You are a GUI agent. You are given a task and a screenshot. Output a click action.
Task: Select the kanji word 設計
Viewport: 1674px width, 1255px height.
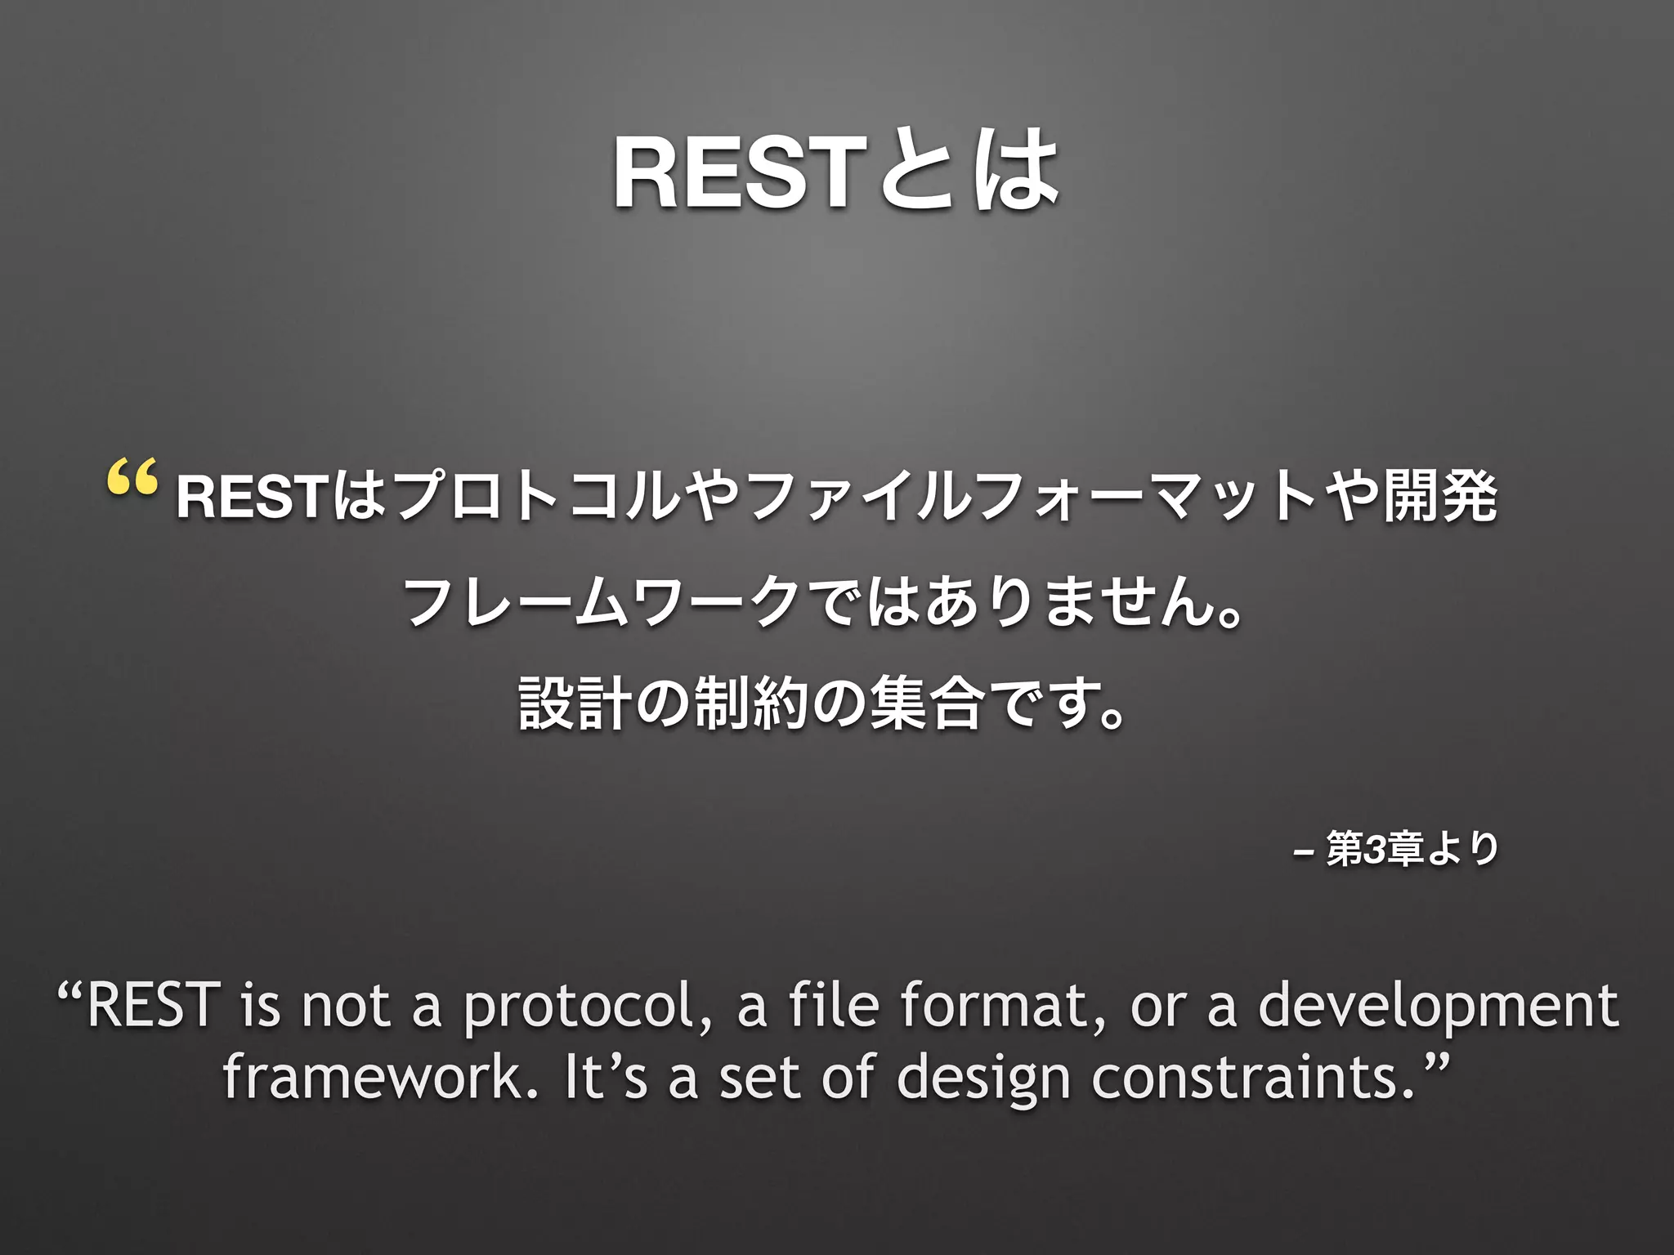(573, 703)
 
